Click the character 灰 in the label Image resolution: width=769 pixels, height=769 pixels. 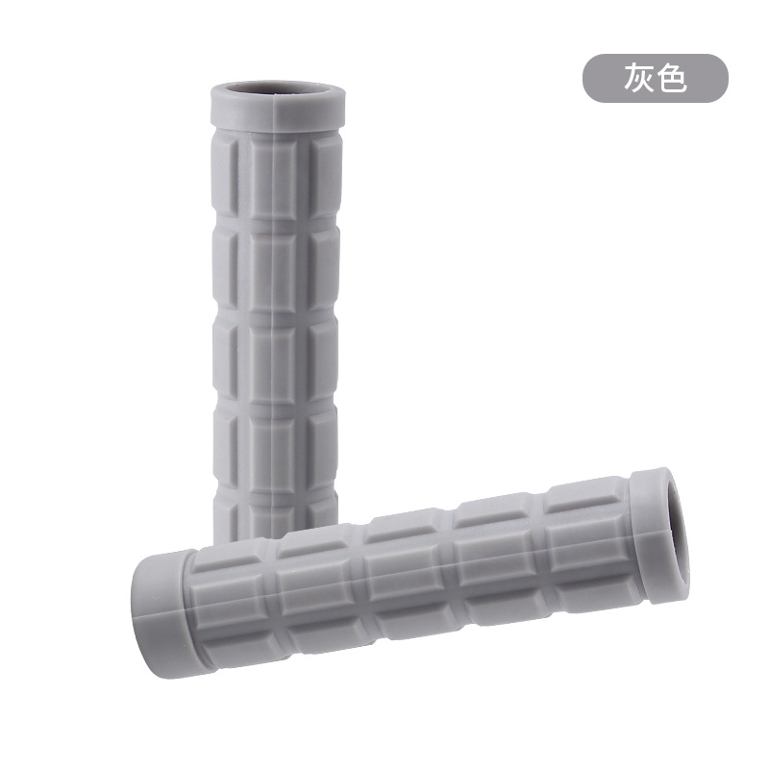click(x=638, y=78)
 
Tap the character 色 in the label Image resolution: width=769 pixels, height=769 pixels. click(x=670, y=78)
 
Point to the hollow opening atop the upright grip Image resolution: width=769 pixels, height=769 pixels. click(x=278, y=87)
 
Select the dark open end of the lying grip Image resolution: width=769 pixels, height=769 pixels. click(x=679, y=533)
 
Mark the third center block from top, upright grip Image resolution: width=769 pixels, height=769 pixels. click(x=272, y=363)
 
